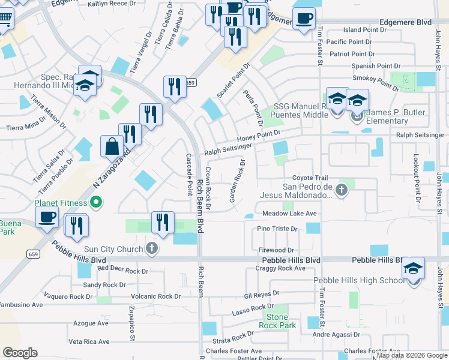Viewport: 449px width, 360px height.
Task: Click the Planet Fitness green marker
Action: (94, 202)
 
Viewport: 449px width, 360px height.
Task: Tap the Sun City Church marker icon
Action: (152, 248)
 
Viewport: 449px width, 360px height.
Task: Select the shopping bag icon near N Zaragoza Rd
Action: (112, 146)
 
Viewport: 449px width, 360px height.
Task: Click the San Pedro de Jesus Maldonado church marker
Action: (342, 191)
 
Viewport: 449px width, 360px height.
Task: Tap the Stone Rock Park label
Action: (277, 321)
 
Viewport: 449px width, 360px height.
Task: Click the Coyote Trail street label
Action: (310, 178)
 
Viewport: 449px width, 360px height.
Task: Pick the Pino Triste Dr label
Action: (277, 229)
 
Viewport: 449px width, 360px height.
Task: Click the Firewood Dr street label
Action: (277, 250)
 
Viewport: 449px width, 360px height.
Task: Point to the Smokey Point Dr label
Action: (375, 82)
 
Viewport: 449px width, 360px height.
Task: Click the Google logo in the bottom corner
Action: (20, 352)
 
